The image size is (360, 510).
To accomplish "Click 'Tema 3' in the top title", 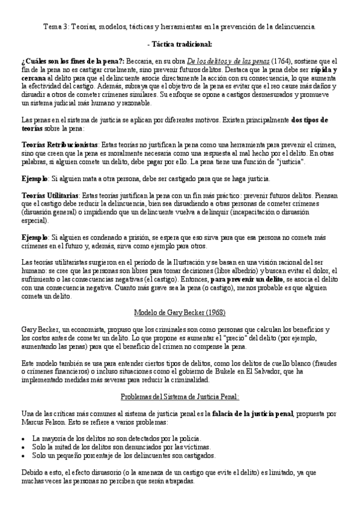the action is (x=56, y=27).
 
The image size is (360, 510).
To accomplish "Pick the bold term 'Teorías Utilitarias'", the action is (x=52, y=195).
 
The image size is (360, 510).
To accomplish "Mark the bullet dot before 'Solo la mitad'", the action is (x=23, y=447).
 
